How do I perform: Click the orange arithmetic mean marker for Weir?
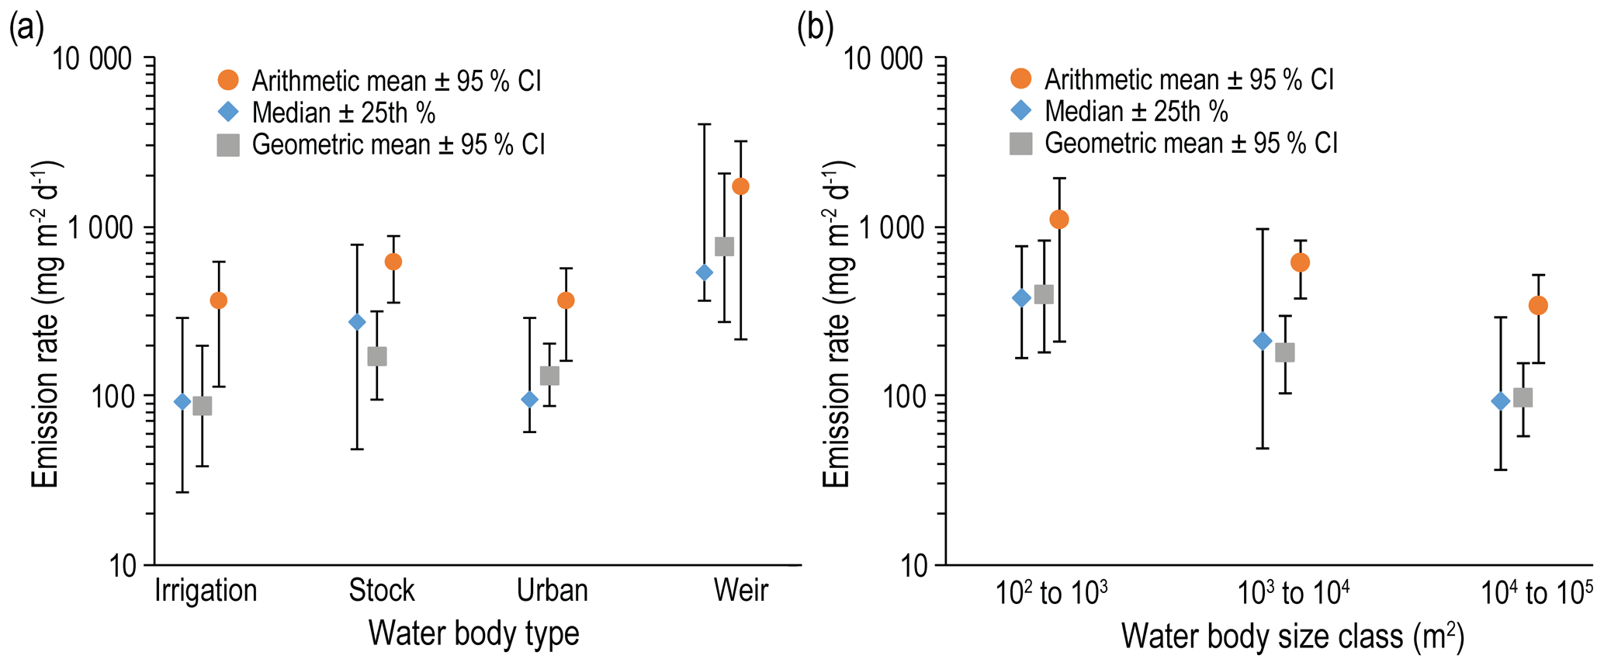coord(740,186)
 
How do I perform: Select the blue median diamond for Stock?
coord(357,322)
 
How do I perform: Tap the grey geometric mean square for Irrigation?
coord(203,406)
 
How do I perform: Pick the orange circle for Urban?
coord(566,300)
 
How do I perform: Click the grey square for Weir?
coord(724,247)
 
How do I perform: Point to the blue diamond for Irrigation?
coord(182,401)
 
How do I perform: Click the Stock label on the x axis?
coord(382,591)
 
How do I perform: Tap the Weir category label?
coord(741,591)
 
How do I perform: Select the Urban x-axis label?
coord(553,591)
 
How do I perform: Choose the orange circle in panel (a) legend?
coord(228,80)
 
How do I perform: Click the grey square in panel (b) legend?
coord(1021,144)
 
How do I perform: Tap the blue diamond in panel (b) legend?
coord(1021,111)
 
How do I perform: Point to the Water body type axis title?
coord(473,633)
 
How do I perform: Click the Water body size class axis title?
coord(1292,637)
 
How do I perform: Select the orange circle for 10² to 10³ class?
coord(1059,220)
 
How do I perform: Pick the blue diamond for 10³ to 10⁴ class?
coord(1263,341)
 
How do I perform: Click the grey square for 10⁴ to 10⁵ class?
coord(1523,397)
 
